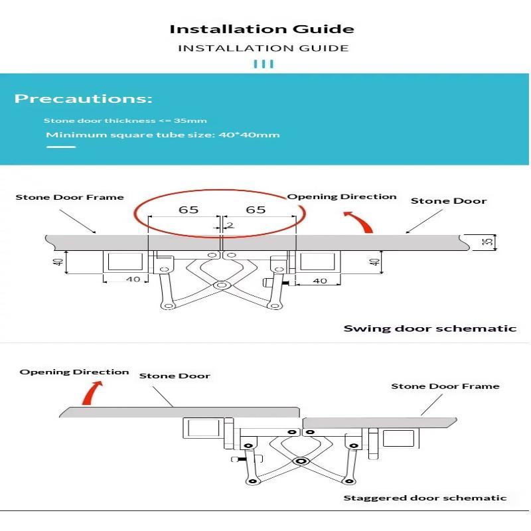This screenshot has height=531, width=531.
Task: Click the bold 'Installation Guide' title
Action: tap(262, 29)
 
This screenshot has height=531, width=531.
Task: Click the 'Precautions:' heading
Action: tap(84, 100)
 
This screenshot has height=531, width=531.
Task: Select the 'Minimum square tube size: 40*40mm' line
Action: tap(163, 135)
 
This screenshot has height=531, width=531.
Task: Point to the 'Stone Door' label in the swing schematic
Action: tap(449, 200)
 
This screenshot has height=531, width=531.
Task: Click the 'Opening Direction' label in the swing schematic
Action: tap(342, 196)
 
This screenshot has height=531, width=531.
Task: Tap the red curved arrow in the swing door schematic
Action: tap(359, 220)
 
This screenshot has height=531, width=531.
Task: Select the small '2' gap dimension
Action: tap(230, 225)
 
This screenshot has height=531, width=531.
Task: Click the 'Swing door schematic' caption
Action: tap(429, 328)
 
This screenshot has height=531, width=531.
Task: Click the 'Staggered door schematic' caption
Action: tap(425, 498)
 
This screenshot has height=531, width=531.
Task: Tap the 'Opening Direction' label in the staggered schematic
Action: tap(74, 372)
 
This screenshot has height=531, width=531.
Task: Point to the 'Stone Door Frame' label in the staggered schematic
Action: tap(445, 386)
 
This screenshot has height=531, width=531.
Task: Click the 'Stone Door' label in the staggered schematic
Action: tap(174, 376)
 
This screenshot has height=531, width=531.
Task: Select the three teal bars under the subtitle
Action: tap(264, 64)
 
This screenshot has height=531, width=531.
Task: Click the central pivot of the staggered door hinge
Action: tap(301, 460)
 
